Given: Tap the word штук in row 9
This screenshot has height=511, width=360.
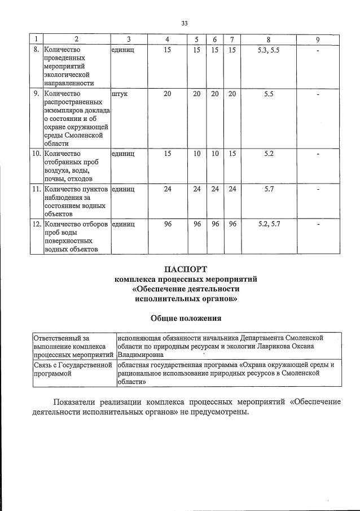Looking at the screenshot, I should (x=120, y=94).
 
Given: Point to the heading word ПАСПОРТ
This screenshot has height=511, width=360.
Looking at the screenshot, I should (x=186, y=268).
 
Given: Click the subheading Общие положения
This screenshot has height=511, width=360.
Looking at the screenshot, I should (x=186, y=318).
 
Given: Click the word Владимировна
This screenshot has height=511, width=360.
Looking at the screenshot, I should (x=141, y=355).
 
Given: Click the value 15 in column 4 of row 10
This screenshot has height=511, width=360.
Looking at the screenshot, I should (x=168, y=153).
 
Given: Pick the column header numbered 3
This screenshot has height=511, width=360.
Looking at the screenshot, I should (x=129, y=39).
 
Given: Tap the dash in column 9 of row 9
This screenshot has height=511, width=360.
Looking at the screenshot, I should (x=318, y=94).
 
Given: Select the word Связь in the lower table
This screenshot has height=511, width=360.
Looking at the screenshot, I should (x=43, y=365).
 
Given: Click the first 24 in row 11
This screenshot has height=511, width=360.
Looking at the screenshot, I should (x=168, y=189).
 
